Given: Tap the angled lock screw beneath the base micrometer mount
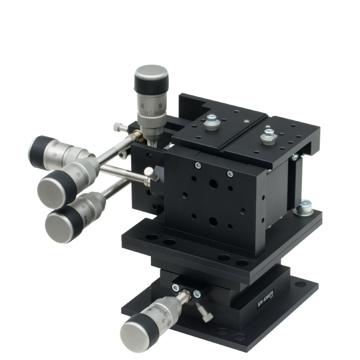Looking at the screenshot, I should pos(205,314).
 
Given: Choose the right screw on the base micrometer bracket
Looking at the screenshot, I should pos(197,294).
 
